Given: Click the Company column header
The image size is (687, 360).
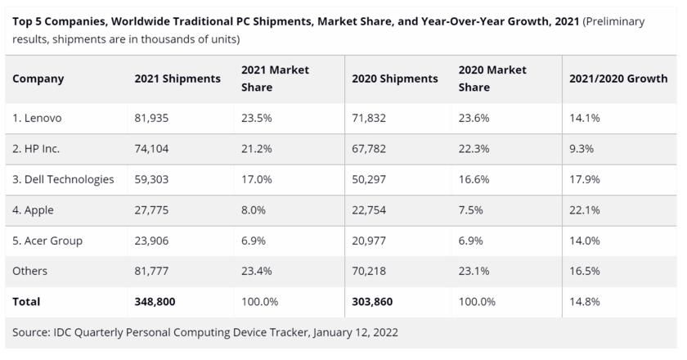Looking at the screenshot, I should (x=38, y=79).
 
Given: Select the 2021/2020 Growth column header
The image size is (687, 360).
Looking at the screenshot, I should (x=618, y=79).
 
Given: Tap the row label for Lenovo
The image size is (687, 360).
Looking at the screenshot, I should (x=38, y=118).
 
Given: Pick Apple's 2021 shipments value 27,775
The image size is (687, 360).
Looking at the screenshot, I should (x=152, y=210).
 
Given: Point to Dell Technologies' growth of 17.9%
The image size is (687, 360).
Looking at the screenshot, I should (x=586, y=179).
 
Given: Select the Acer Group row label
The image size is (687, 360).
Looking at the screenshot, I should (x=47, y=241).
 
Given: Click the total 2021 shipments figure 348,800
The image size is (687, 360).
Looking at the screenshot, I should (x=155, y=302).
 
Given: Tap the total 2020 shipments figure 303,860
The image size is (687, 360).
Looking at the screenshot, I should (x=372, y=302).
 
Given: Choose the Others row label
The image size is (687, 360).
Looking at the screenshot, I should (x=31, y=272).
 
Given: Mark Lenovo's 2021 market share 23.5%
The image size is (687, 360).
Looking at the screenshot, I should (x=258, y=118).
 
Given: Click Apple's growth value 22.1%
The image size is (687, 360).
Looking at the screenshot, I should (x=585, y=210).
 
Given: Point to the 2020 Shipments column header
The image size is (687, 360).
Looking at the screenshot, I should (x=395, y=79).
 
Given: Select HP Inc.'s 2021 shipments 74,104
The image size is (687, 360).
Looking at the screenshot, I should (x=152, y=149).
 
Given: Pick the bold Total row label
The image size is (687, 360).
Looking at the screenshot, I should (x=27, y=302).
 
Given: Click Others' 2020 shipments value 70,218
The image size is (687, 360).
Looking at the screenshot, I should (x=369, y=272).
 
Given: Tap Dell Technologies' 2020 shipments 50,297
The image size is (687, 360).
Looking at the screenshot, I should (x=369, y=179).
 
